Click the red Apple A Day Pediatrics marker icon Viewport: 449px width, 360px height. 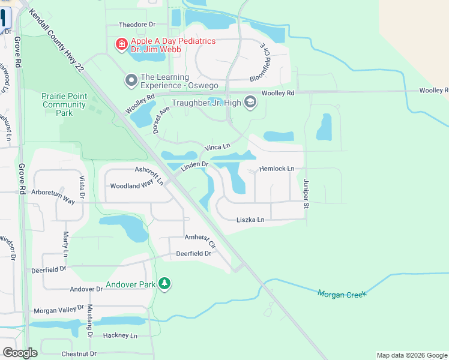[121, 44]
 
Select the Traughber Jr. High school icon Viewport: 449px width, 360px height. [250, 103]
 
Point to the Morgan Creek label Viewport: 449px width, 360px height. [341, 293]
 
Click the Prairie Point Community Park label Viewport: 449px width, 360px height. [64, 104]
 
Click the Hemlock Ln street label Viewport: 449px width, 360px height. [277, 169]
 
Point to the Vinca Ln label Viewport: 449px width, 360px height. [217, 146]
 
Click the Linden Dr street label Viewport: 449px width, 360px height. [194, 164]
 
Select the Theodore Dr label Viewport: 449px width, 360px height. [137, 25]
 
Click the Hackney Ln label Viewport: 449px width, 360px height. [120, 335]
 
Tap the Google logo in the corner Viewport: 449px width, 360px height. [20, 352]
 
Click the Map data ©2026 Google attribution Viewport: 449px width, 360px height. [412, 355]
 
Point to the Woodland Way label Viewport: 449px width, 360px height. [131, 186]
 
